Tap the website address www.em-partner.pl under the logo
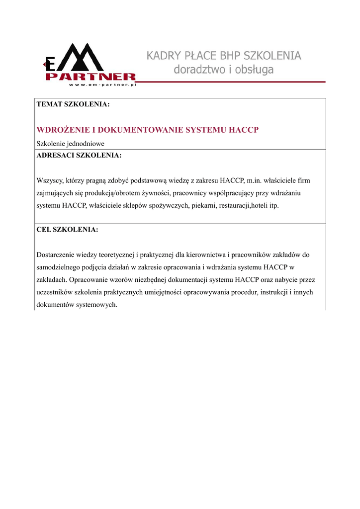click(102, 85)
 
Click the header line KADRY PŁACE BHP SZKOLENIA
click(224, 56)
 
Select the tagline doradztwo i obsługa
click(224, 70)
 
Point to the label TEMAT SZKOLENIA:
click(73, 105)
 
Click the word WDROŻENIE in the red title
click(63, 130)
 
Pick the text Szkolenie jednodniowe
click(71, 143)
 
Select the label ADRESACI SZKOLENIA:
click(79, 155)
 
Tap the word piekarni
click(204, 205)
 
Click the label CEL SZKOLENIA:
click(68, 230)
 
